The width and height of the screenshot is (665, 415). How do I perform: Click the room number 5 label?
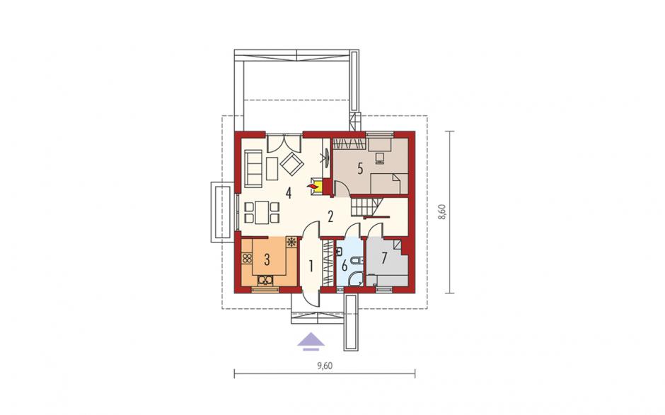coord(360,169)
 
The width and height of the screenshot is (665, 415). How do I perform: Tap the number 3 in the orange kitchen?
coord(267,259)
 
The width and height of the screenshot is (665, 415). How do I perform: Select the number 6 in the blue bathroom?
coord(345,267)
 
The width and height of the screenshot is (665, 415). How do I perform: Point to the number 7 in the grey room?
coord(384,258)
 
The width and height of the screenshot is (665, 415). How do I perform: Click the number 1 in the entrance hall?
coord(311,267)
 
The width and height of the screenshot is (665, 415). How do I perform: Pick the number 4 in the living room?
coord(289,193)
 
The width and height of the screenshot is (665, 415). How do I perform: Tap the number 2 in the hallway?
coord(330,216)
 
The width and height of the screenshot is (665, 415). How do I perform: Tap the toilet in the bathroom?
coord(359,261)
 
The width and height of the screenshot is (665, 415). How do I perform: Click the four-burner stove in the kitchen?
coord(246,258)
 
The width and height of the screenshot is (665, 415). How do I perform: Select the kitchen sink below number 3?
coord(266,280)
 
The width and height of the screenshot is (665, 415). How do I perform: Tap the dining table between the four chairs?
coord(262,212)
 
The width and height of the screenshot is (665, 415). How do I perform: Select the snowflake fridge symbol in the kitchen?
coord(291,242)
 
